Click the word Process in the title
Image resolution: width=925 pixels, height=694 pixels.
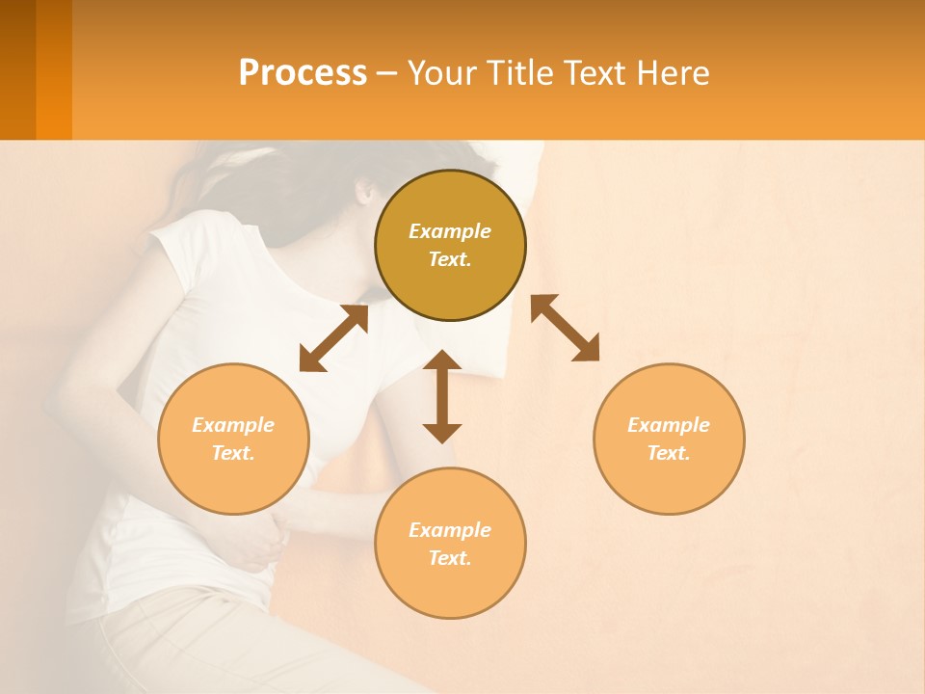point(303,73)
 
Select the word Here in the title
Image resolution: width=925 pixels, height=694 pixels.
point(672,73)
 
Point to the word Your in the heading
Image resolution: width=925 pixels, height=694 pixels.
point(442,73)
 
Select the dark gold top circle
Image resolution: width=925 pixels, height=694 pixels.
point(450,246)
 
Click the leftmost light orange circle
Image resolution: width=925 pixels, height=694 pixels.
point(233,439)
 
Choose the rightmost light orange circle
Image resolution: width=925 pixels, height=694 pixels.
point(669,439)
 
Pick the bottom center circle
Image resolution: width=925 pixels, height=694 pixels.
point(450,543)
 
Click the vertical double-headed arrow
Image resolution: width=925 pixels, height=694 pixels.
point(442,396)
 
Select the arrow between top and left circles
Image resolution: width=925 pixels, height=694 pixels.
point(333,338)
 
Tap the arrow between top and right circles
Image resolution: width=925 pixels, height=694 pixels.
point(565,329)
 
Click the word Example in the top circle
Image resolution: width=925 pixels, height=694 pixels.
point(450,231)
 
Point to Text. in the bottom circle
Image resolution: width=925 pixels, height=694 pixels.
point(450,558)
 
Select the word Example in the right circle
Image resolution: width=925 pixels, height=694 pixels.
point(669,425)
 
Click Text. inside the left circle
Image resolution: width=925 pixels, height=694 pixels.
point(233,453)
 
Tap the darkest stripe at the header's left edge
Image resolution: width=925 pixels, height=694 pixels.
point(17,69)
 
